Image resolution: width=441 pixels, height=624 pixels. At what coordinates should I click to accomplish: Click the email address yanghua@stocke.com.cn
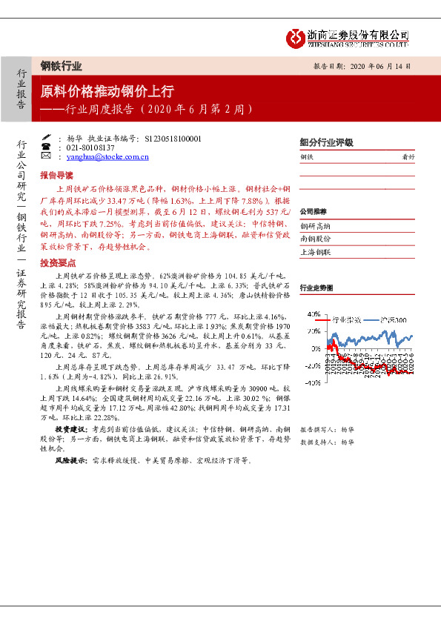107,157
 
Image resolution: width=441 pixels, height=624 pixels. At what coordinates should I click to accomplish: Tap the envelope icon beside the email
46,157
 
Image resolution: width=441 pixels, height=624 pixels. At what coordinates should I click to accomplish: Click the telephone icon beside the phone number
46,147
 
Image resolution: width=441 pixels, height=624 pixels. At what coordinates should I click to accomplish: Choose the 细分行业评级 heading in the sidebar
326,142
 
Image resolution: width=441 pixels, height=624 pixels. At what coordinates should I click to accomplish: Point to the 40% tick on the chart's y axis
314,314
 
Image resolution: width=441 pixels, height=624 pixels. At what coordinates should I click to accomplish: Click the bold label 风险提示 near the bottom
69,460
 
